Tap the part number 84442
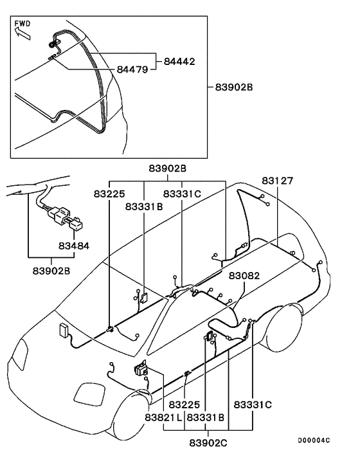pyautogui.click(x=179, y=62)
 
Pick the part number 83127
pyautogui.click(x=277, y=181)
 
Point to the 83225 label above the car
pyautogui.click(x=111, y=193)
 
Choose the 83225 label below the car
pyautogui.click(x=186, y=405)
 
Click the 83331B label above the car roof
pyautogui.click(x=144, y=206)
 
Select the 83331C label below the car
pyautogui.click(x=253, y=405)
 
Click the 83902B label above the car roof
pyautogui.click(x=167, y=168)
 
